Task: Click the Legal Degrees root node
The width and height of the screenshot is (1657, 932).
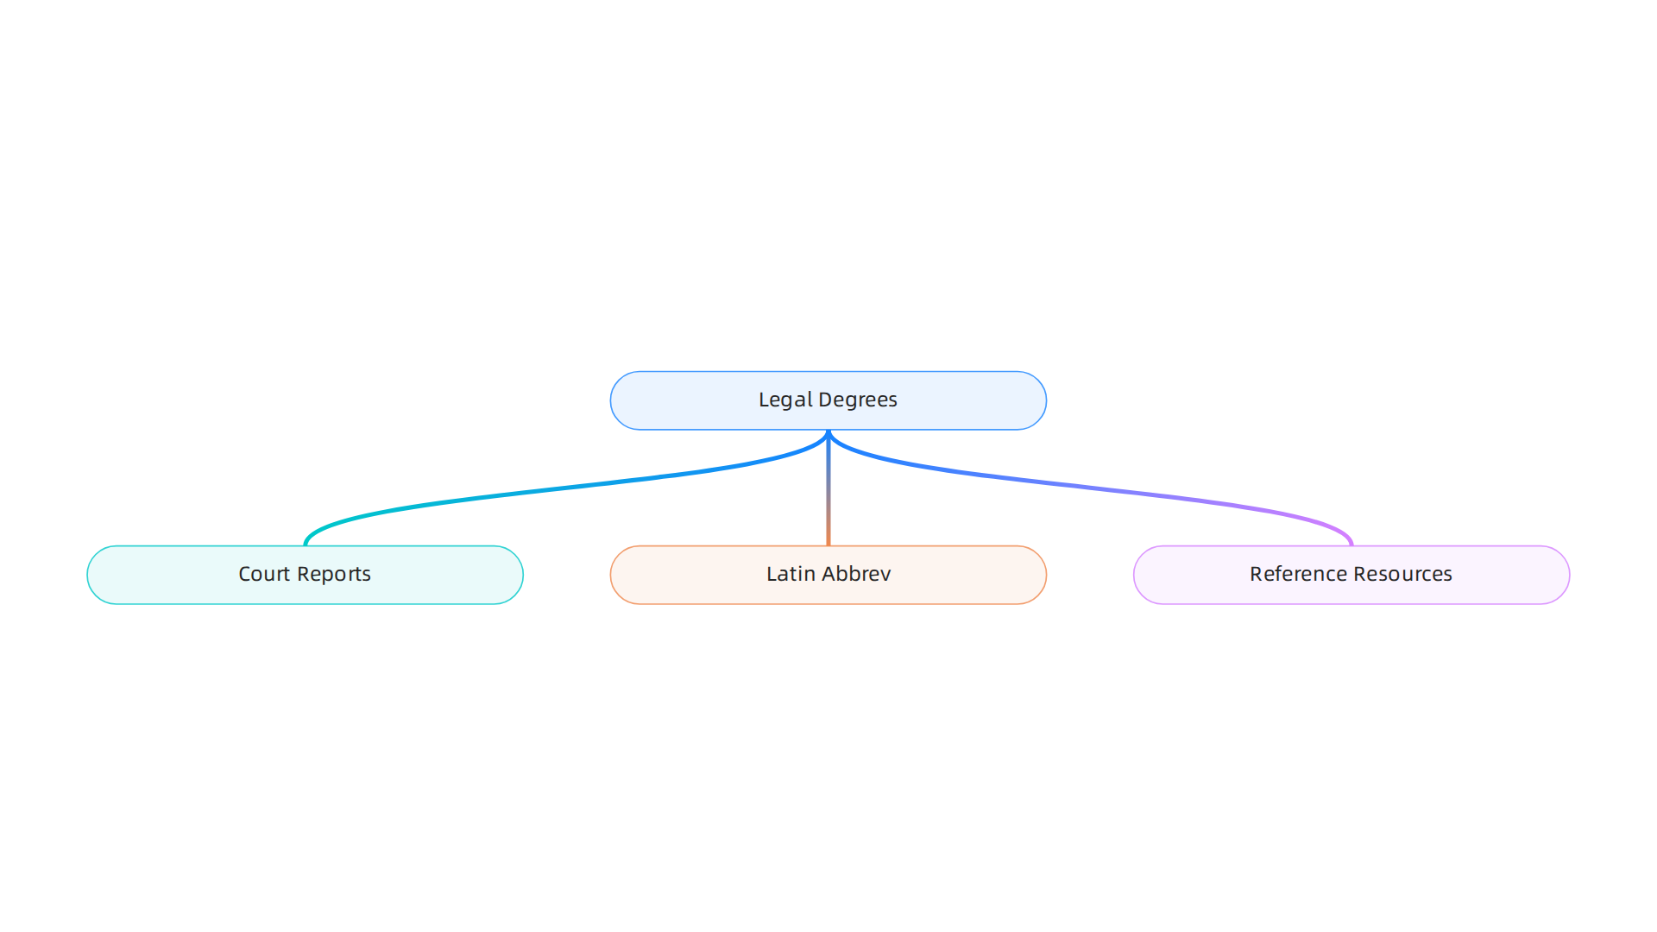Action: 828,400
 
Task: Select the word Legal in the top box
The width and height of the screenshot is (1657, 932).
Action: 785,400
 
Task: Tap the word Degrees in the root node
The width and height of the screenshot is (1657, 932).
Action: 858,400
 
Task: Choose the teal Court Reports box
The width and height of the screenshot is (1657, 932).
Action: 306,575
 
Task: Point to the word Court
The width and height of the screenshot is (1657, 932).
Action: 264,574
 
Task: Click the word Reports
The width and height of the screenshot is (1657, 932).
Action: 334,575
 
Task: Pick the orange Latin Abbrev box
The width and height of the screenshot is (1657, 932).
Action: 828,575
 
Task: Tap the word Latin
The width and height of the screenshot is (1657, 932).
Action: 791,574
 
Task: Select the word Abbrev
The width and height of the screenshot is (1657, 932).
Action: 856,574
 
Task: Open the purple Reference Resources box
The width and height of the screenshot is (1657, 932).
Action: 1351,575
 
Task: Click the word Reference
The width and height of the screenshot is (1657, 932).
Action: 1298,574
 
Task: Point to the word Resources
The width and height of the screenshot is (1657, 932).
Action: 1403,574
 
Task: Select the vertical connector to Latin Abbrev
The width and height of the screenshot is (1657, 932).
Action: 828,488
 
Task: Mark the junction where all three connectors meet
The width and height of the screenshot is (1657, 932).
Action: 828,431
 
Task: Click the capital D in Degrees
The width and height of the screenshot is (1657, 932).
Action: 825,400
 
